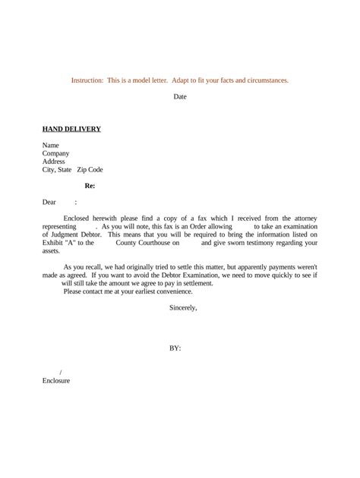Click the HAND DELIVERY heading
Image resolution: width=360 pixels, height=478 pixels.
pos(71,129)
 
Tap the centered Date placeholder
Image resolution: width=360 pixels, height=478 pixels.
pos(180,97)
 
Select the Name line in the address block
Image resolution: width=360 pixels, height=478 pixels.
pos(51,145)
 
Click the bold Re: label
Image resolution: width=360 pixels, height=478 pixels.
pos(90,186)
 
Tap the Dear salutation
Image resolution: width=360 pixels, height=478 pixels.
pos(49,203)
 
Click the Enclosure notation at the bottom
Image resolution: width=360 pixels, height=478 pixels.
pos(56,380)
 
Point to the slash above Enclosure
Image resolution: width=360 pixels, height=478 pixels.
pos(60,372)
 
